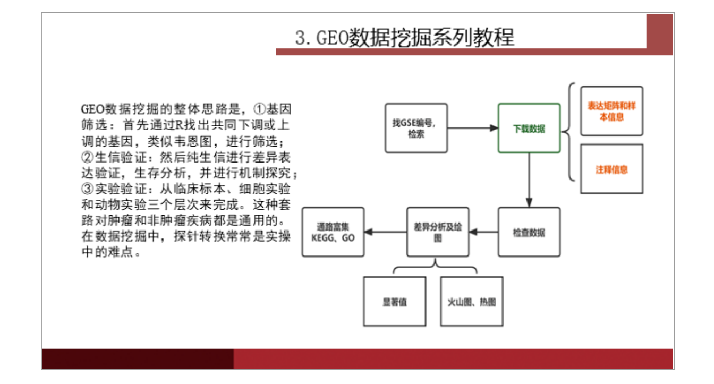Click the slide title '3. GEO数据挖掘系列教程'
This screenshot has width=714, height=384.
point(405,38)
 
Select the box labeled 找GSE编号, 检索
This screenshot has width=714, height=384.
point(416,128)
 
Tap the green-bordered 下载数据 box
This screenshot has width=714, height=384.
point(529,128)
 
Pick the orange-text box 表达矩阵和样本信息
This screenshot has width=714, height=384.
point(611,111)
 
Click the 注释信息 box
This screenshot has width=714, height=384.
point(611,169)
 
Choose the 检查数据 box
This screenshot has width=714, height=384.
point(529,232)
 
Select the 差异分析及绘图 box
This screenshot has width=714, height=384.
point(438,232)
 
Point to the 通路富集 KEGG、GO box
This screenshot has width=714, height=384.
point(333,232)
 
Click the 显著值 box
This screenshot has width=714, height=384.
point(394,301)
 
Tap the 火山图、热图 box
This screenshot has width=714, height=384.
point(472,301)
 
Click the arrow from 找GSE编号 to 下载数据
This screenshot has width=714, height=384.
point(472,128)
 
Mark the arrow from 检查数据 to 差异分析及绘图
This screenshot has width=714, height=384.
point(483,232)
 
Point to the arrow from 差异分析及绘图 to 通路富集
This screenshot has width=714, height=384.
point(386,232)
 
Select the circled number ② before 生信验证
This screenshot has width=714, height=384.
point(86,158)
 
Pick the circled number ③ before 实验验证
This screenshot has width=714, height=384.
point(86,189)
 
